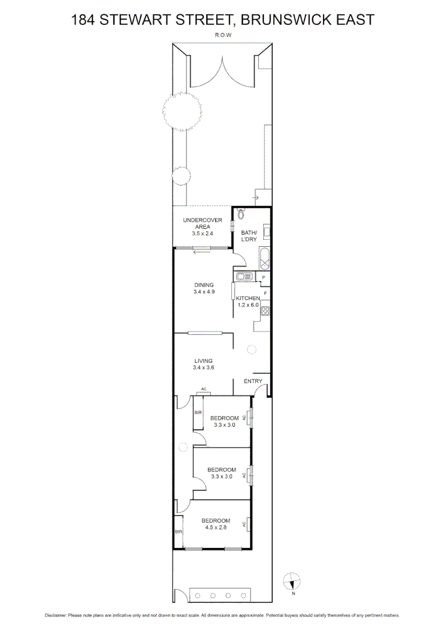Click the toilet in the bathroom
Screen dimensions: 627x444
[242, 213]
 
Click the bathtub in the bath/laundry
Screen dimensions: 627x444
[264, 258]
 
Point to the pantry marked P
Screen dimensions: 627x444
[263, 278]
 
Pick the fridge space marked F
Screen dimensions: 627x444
[265, 293]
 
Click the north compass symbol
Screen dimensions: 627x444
[292, 581]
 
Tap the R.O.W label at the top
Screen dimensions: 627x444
[222, 34]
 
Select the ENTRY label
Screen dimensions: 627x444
[253, 381]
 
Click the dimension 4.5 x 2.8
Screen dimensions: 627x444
[216, 528]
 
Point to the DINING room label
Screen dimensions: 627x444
[204, 285]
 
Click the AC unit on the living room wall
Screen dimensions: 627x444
[203, 392]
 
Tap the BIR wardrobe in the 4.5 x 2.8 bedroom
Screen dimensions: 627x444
[178, 531]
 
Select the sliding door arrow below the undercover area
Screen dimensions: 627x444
[202, 251]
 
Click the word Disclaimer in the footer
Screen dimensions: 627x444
[56, 615]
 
